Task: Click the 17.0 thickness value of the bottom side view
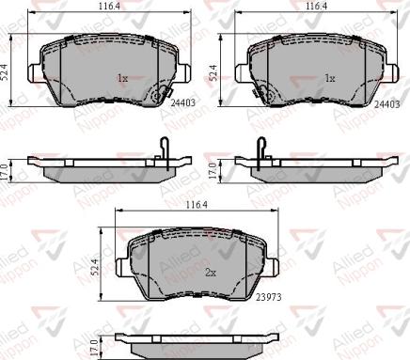(98, 347)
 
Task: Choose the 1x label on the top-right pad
(328, 78)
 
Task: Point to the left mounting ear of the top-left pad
(35, 68)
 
